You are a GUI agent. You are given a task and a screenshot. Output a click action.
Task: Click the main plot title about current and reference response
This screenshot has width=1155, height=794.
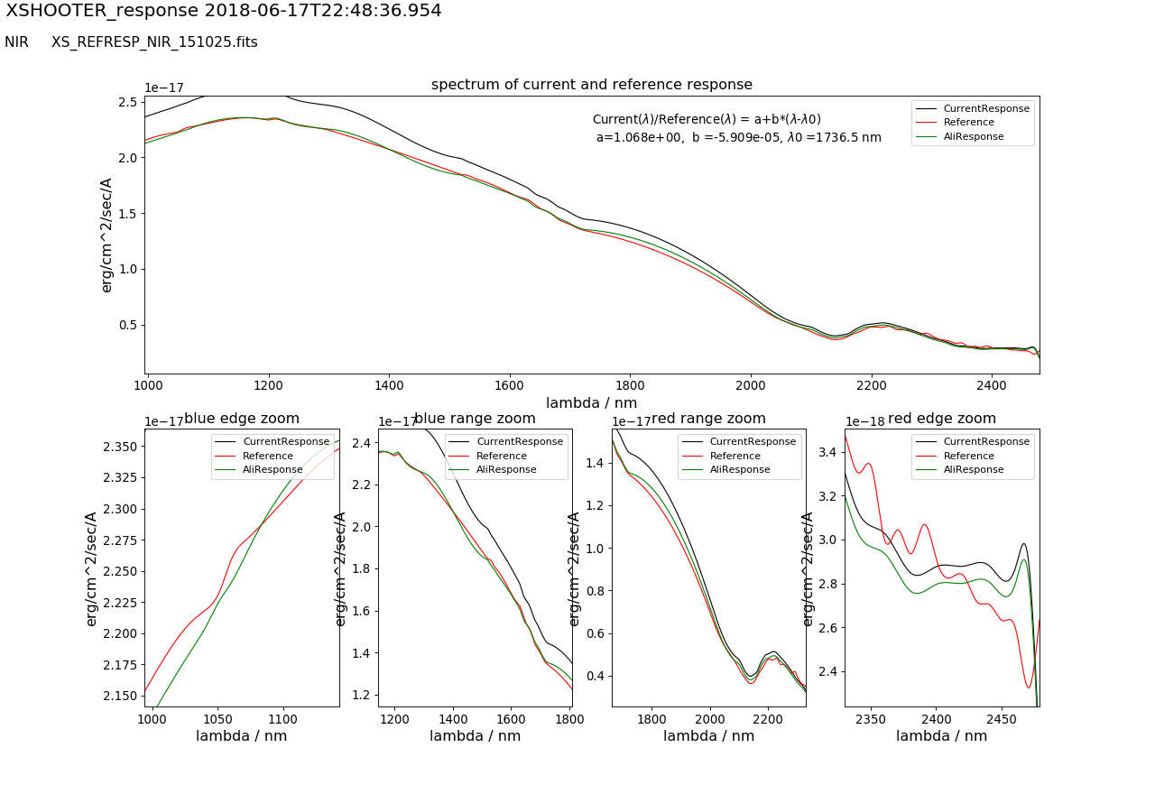(591, 85)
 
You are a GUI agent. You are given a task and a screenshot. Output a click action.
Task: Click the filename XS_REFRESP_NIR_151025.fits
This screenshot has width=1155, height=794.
(154, 42)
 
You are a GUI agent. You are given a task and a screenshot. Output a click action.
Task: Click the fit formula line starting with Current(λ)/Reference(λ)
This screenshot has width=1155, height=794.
(707, 120)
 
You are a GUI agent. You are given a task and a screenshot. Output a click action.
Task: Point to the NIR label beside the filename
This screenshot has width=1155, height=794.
(16, 42)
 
